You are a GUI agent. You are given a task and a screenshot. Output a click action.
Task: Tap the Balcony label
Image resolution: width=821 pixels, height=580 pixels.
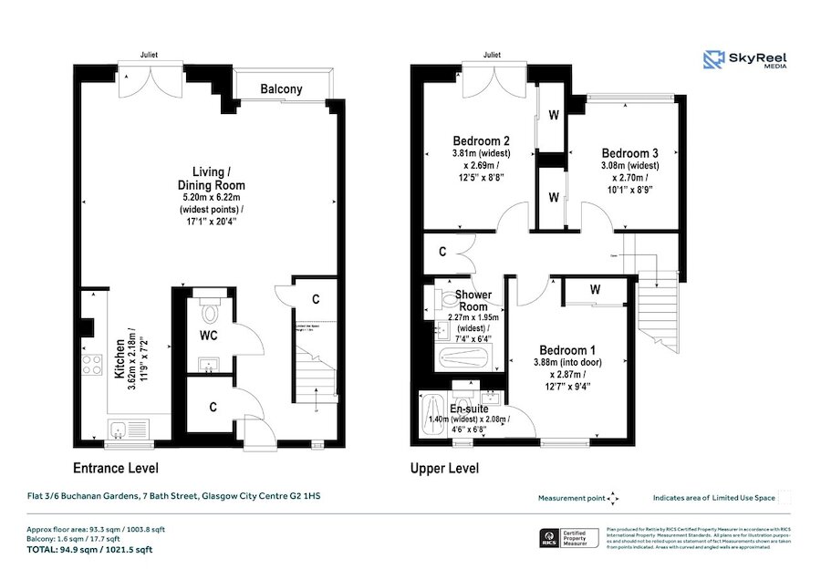[281, 89]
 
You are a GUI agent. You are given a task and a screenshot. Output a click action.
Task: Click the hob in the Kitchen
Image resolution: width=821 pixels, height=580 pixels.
[91, 366]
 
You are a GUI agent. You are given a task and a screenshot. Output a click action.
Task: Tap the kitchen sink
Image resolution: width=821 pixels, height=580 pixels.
[120, 430]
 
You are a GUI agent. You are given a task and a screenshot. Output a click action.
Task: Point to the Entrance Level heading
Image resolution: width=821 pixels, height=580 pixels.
[115, 469]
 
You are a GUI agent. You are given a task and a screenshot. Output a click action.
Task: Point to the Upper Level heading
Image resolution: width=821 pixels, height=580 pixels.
[443, 469]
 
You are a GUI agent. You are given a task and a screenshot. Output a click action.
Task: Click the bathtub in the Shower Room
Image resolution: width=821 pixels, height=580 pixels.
[462, 357]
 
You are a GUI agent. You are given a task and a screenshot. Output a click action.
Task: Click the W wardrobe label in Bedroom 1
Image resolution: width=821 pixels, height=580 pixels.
[595, 290]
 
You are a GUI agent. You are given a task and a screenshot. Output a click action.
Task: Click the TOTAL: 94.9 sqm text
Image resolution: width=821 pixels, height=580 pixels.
[88, 550]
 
